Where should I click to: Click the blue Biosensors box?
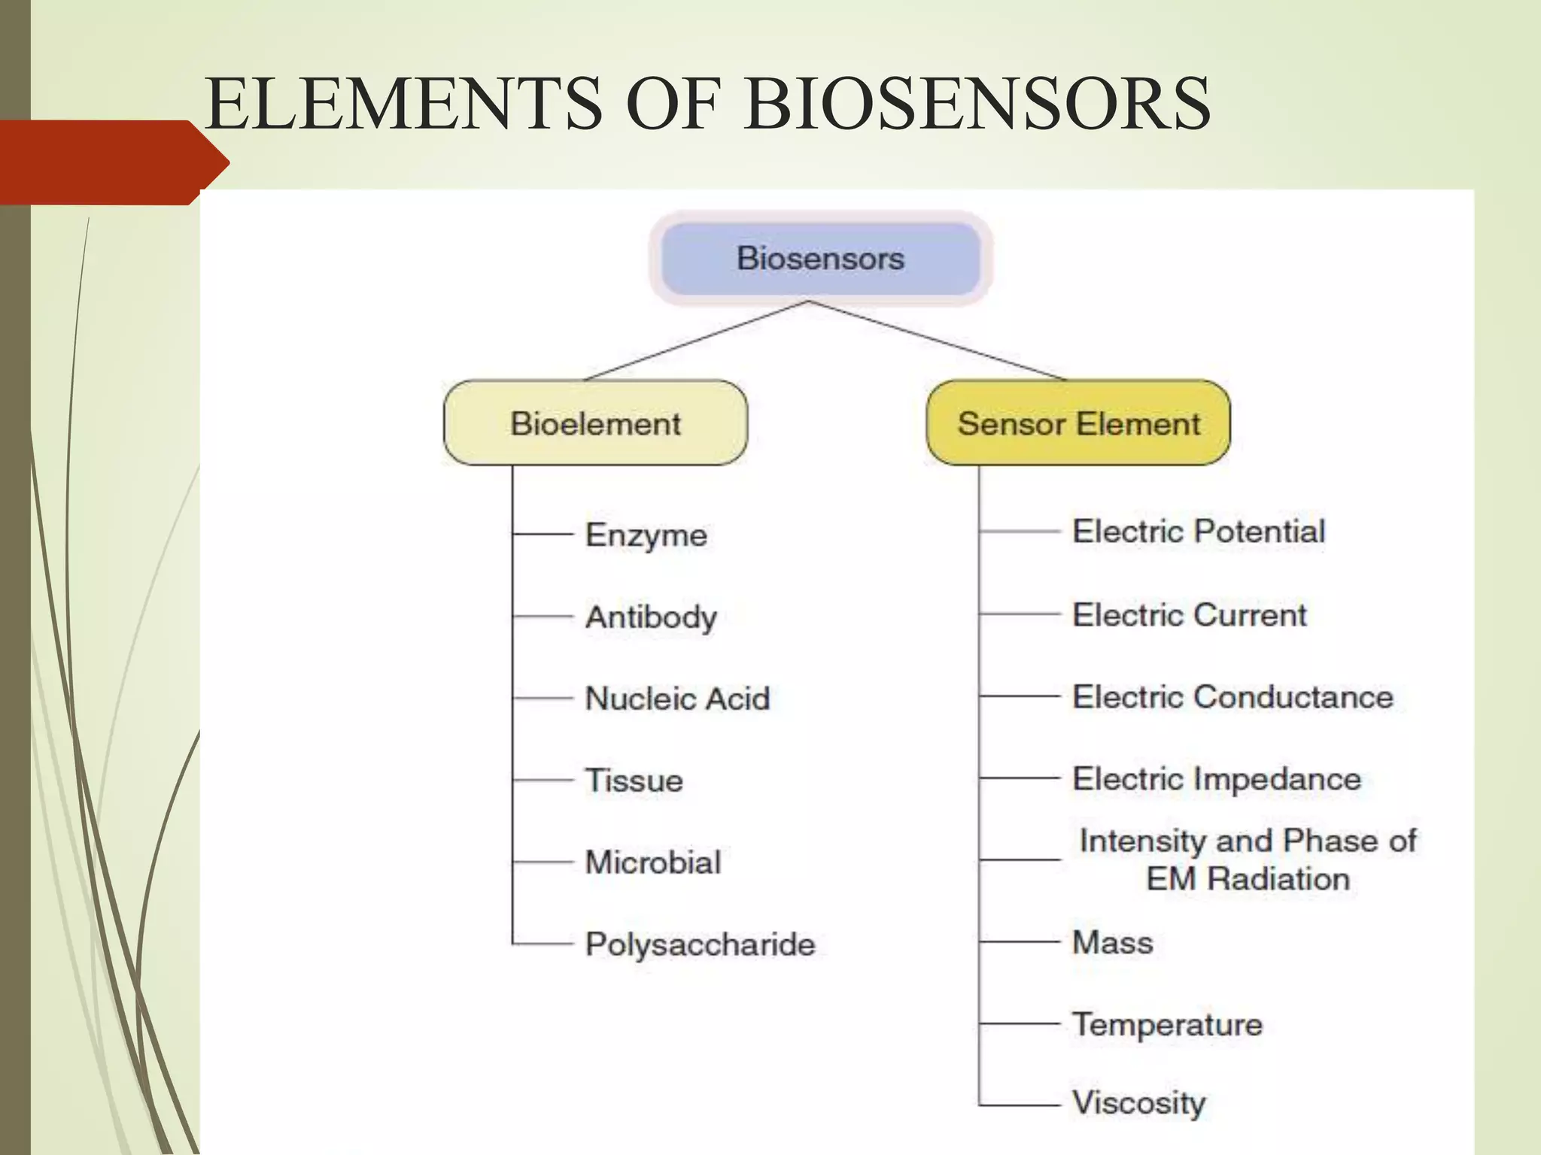click(x=820, y=259)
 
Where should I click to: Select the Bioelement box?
click(x=595, y=423)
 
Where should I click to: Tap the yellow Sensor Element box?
click(x=1078, y=423)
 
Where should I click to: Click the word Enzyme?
click(x=646, y=535)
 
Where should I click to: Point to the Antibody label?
click(x=651, y=617)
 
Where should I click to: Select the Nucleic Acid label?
click(x=677, y=699)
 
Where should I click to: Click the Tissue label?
click(x=634, y=781)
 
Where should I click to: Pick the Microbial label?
click(x=653, y=862)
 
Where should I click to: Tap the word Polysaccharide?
click(x=700, y=944)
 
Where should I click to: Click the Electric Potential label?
click(x=1198, y=532)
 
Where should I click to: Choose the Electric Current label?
click(x=1189, y=615)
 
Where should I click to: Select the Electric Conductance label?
click(x=1232, y=697)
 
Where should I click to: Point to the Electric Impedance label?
click(x=1216, y=779)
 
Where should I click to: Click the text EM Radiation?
click(x=1248, y=879)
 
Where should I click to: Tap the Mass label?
click(x=1112, y=942)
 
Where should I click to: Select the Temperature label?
click(x=1167, y=1025)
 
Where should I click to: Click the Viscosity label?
click(x=1138, y=1103)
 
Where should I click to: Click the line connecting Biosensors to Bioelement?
click(x=696, y=341)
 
